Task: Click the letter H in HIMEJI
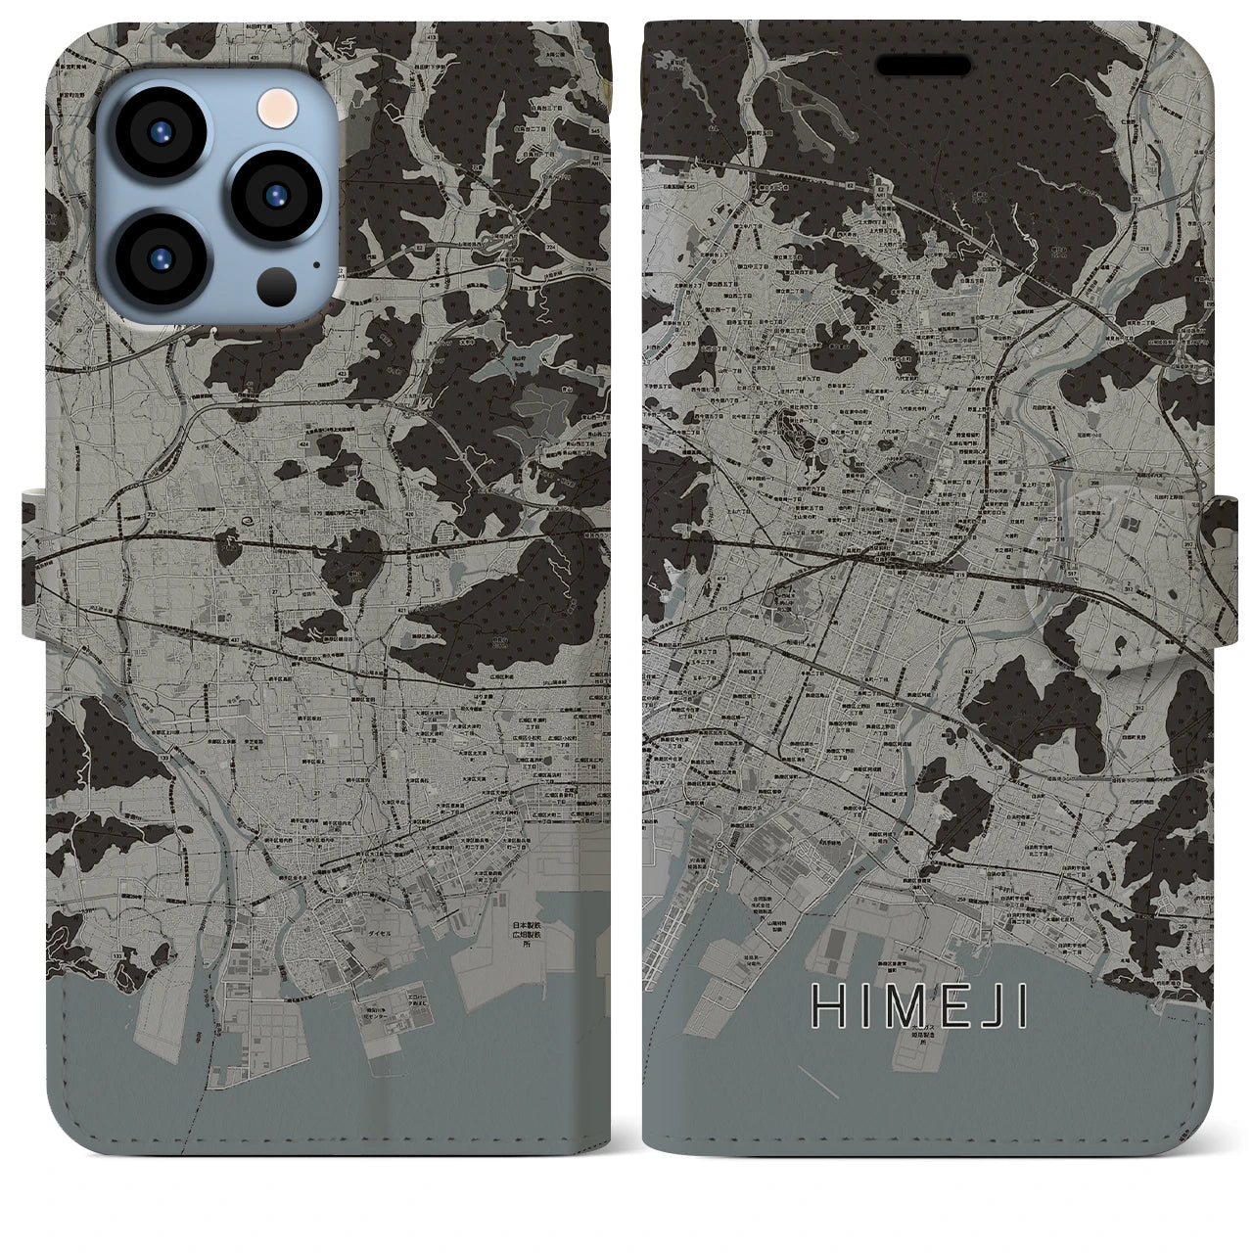point(827,1007)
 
